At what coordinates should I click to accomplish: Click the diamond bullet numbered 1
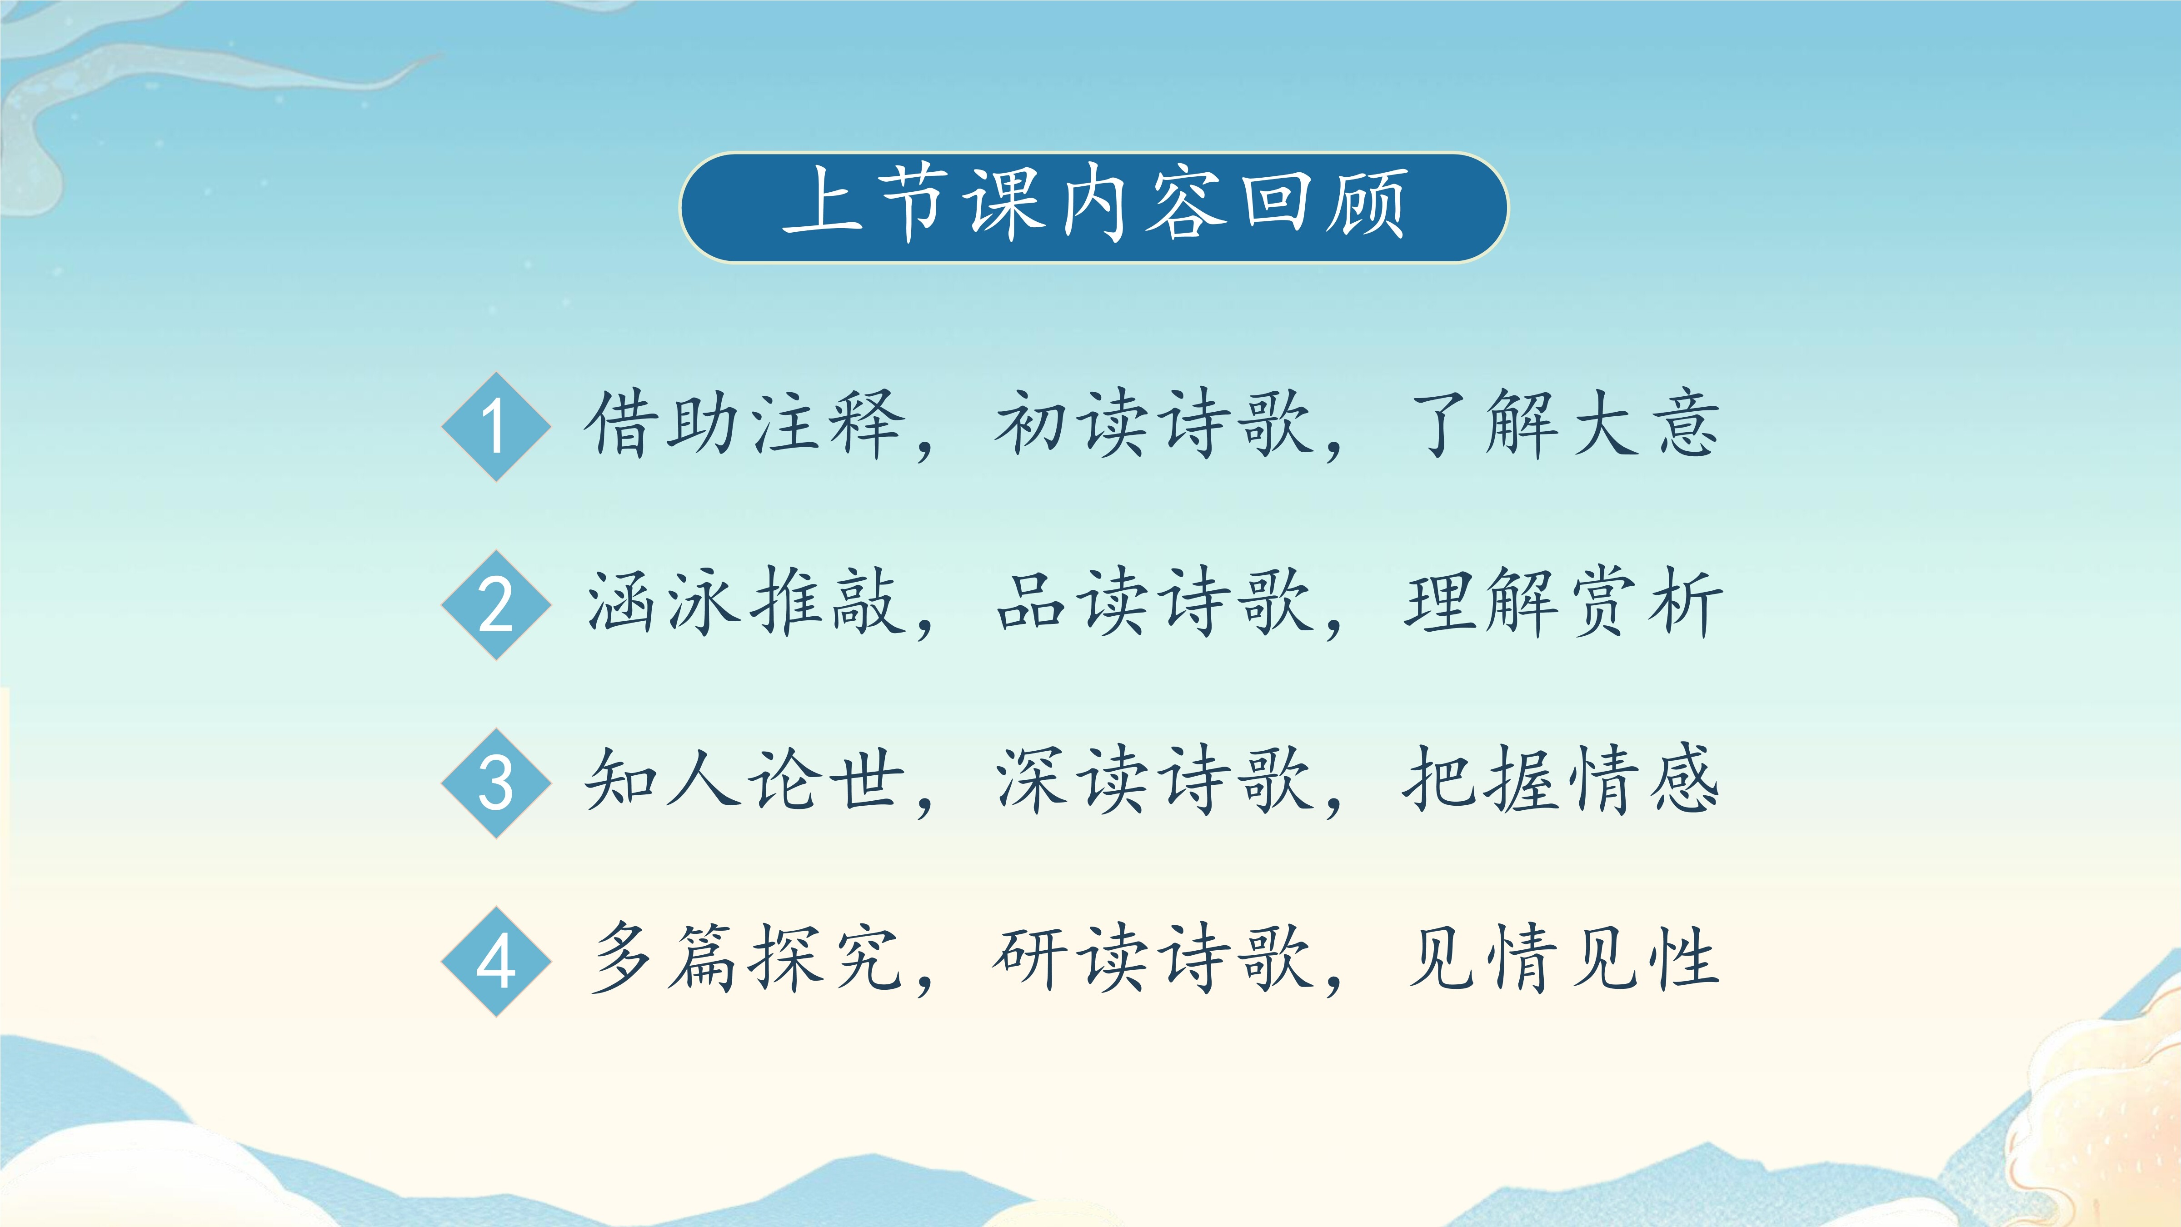(496, 427)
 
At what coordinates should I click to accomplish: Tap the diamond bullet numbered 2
(496, 604)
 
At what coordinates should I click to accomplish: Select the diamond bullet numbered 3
(496, 783)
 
